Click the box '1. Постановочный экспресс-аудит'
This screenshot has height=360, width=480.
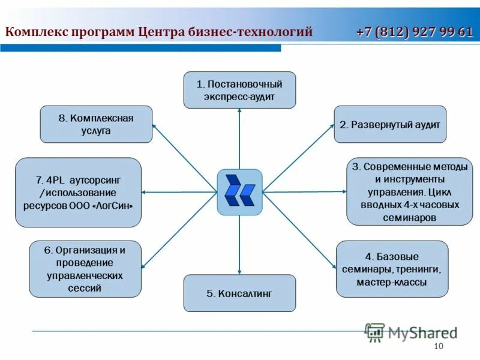[x=239, y=90]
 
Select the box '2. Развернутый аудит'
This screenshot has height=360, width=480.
[x=390, y=124]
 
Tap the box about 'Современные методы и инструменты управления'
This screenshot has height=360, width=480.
[x=409, y=191]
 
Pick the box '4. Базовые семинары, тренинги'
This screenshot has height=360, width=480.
[x=392, y=269]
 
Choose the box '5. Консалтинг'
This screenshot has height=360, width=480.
[x=239, y=293]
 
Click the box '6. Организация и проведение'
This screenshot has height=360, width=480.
[x=85, y=269]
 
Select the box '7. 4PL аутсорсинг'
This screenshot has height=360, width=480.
[x=78, y=192]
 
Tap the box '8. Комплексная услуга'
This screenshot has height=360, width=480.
[x=96, y=124]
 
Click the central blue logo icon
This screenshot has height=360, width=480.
[x=239, y=192]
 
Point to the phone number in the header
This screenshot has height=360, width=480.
[x=414, y=32]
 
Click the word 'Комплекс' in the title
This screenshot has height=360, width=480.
[x=37, y=32]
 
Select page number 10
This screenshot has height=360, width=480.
[x=437, y=347]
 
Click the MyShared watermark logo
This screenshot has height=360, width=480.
[x=411, y=332]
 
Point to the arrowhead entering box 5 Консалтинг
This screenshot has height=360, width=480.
[x=239, y=272]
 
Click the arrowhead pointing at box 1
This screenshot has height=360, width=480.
[x=239, y=111]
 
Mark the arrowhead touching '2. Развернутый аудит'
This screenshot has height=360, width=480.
[x=331, y=126]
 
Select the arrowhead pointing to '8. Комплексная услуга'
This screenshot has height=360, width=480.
[x=154, y=125]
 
